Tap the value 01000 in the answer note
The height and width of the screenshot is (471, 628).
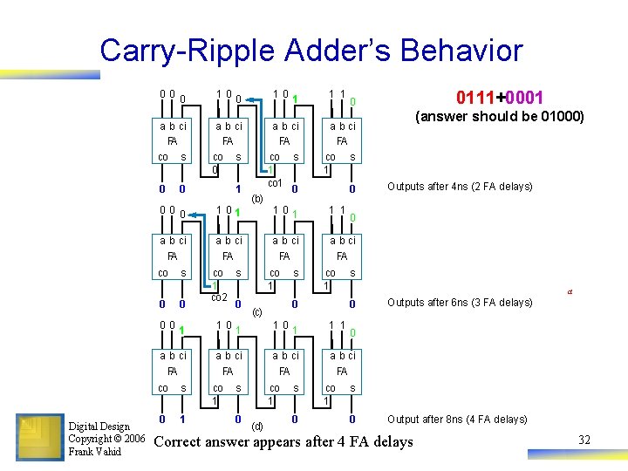point(557,117)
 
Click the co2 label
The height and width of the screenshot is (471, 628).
point(218,297)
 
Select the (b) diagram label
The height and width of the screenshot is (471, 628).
point(256,199)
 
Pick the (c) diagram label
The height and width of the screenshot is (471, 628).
point(256,311)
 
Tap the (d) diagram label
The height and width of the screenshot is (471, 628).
point(256,426)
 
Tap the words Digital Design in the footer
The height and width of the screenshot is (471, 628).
point(99,427)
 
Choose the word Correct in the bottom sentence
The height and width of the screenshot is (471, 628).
point(181,441)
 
